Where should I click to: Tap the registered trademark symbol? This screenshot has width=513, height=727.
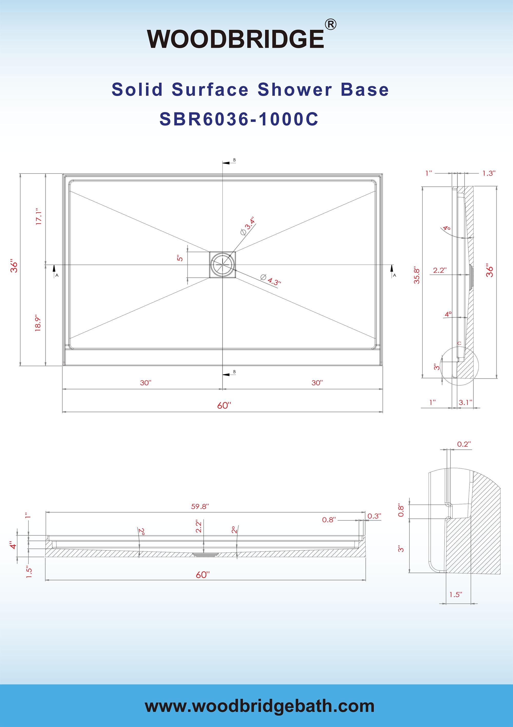[x=330, y=25]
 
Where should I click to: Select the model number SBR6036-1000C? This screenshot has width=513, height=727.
[x=239, y=119]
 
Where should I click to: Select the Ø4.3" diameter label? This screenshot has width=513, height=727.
[x=271, y=279]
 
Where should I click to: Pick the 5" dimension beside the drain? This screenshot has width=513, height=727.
[x=180, y=258]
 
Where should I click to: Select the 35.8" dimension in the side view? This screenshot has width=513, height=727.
[x=417, y=275]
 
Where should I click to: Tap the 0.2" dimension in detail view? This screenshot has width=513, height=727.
[x=464, y=444]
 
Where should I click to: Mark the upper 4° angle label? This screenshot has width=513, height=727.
[x=447, y=228]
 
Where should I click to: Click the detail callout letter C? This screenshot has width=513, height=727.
[x=459, y=343]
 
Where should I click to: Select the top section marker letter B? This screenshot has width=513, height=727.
[x=234, y=160]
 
